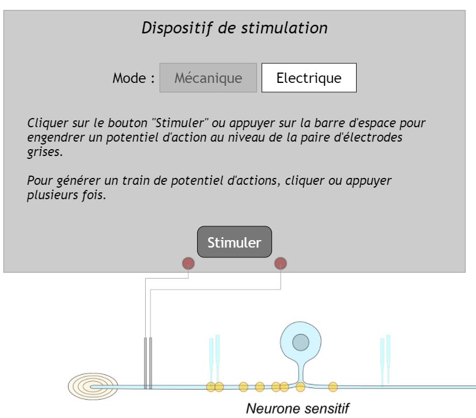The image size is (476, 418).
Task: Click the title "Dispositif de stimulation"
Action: click(x=235, y=28)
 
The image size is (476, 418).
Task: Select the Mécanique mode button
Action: click(x=208, y=78)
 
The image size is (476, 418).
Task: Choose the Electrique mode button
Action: click(x=309, y=78)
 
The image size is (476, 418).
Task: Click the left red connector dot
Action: click(x=188, y=264)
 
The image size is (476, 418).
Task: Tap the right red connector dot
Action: click(x=281, y=264)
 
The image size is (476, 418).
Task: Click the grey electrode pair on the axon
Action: click(x=148, y=363)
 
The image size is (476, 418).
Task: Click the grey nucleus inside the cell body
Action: click(x=300, y=343)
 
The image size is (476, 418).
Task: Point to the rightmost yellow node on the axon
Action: click(x=333, y=386)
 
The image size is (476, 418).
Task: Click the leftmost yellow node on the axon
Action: click(x=211, y=386)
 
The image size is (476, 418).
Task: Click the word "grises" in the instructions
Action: click(x=44, y=152)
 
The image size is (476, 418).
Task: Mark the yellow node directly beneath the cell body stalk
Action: click(x=300, y=386)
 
